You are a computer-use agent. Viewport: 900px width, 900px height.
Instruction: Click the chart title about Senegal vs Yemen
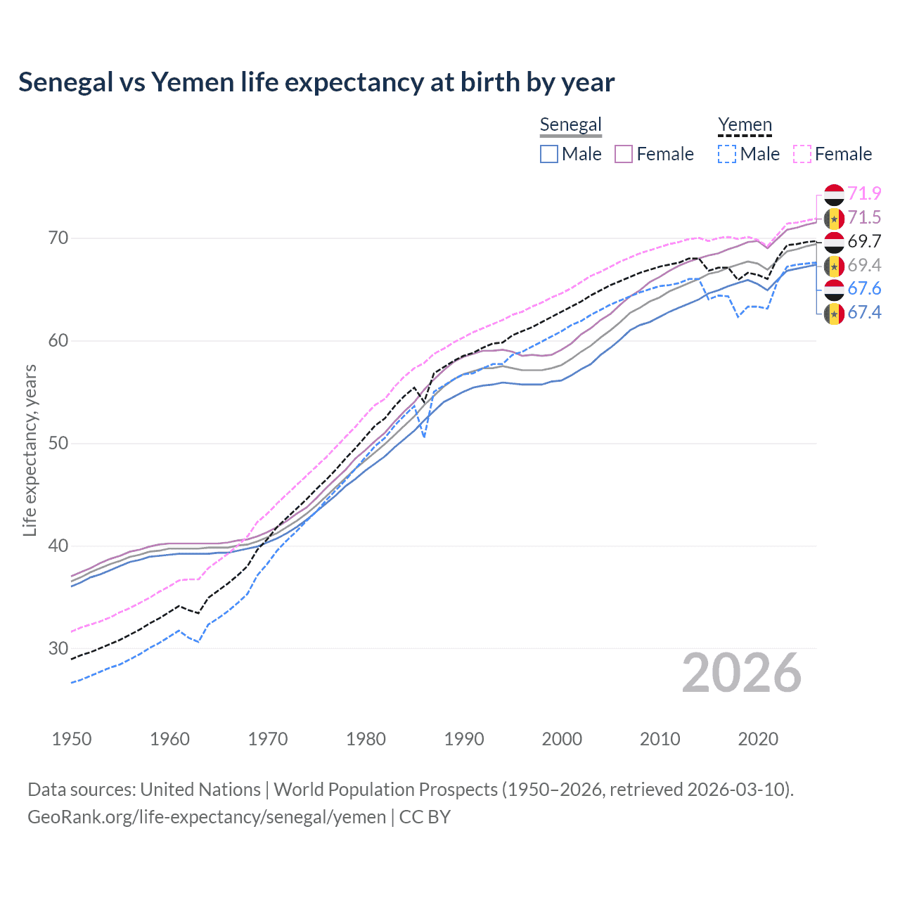pos(316,82)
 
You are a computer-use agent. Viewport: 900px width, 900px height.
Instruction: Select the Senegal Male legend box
pos(549,154)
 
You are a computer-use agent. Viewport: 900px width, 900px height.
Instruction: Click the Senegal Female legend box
pos(624,154)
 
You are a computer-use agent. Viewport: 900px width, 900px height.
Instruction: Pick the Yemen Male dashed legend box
pos(727,154)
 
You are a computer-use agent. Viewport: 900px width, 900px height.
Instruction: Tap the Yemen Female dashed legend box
pos(802,154)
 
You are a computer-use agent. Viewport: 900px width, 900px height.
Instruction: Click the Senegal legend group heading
pos(570,125)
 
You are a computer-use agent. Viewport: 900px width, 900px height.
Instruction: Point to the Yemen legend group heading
pos(745,125)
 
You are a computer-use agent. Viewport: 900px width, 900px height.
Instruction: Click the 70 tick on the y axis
pos(58,238)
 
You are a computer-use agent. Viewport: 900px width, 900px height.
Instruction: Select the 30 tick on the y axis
pos(58,648)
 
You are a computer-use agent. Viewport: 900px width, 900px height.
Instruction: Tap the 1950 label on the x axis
pos(72,739)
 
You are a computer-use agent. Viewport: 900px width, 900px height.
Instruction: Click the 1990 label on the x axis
pos(464,739)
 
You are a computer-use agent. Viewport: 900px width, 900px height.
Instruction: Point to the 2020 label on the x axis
pos(758,739)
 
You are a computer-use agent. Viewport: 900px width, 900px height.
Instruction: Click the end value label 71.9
pos(864,193)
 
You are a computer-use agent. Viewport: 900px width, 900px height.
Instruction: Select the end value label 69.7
pos(864,241)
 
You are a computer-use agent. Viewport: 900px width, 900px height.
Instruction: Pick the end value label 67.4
pos(864,312)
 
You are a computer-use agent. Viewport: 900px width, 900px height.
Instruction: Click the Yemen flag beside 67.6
pos(834,289)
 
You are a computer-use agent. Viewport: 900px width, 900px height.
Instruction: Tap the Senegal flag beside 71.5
pos(834,218)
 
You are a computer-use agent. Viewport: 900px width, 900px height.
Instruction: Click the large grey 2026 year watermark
pos(742,673)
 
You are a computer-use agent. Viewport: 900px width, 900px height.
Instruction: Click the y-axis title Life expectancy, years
pos(30,450)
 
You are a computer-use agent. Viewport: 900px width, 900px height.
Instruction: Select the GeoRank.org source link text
pos(207,817)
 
